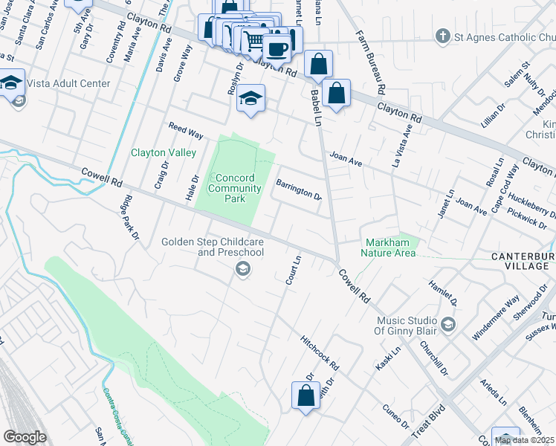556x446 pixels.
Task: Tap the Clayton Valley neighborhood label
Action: click(164, 152)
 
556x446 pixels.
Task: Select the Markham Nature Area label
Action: click(389, 248)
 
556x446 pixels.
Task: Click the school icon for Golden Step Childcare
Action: click(242, 269)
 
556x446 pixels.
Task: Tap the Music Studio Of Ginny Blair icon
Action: click(448, 324)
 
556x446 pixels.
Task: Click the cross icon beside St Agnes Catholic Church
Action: click(443, 36)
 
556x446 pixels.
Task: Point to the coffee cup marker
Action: click(277, 49)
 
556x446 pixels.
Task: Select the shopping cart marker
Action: click(254, 41)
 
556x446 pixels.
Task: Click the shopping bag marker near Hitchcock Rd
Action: click(306, 395)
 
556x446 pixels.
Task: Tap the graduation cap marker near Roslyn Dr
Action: click(251, 98)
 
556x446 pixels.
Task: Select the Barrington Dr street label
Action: click(298, 190)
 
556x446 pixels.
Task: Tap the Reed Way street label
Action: click(185, 130)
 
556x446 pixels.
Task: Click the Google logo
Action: click(25, 437)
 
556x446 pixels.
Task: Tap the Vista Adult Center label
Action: click(68, 84)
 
